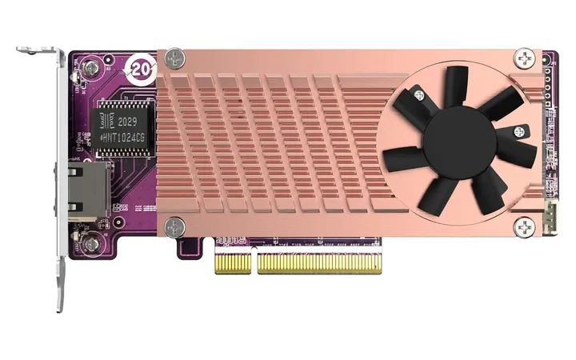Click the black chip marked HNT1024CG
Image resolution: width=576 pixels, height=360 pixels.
[x=120, y=128]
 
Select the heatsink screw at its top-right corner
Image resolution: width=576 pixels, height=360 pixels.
[x=526, y=58]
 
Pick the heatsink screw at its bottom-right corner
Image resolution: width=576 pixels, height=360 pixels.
[x=526, y=226]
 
